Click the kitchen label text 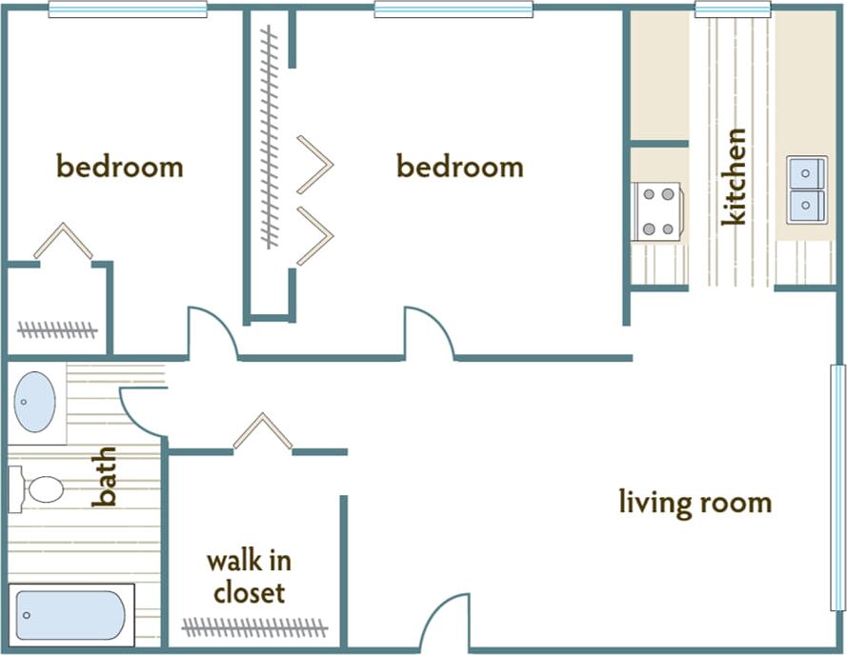tap(734, 177)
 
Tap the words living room tap(695, 502)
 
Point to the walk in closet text tap(249, 577)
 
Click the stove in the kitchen tap(658, 210)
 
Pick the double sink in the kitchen tap(806, 189)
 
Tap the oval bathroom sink tap(35, 402)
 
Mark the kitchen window tap(732, 10)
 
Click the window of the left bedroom tap(128, 10)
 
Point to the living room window tap(837, 486)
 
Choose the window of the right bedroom tap(453, 10)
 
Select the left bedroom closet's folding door tap(63, 241)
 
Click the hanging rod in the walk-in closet tap(254, 627)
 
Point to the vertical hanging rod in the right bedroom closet tap(270, 138)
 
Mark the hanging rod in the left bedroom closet tap(57, 330)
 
